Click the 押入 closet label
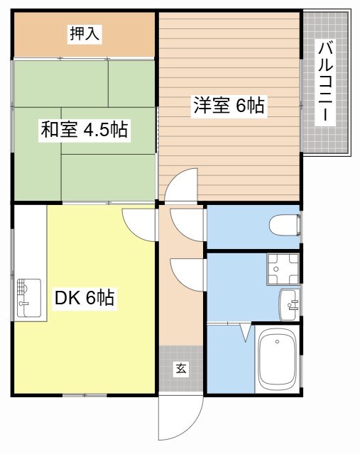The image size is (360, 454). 83,33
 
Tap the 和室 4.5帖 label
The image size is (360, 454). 84,129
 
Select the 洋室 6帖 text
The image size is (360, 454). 229,106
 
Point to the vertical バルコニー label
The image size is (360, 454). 327,83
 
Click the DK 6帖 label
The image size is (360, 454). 84,298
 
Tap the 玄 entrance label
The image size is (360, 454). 181,368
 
